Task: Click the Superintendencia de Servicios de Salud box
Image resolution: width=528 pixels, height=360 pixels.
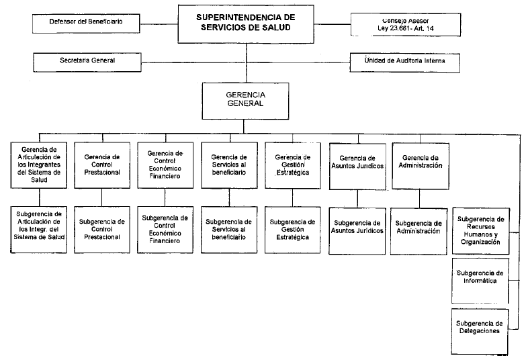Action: (x=246, y=24)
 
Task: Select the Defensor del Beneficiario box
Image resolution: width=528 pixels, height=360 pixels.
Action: (x=86, y=24)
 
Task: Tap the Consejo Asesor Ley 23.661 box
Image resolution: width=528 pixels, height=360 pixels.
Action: (x=406, y=25)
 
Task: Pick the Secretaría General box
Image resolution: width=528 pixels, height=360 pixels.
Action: (x=87, y=62)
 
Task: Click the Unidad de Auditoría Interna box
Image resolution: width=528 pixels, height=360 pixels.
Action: (x=405, y=62)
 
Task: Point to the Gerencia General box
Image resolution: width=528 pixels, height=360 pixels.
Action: (x=245, y=101)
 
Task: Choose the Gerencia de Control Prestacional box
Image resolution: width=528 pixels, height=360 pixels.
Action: (x=102, y=165)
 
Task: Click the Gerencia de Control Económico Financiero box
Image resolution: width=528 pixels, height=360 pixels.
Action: (x=165, y=165)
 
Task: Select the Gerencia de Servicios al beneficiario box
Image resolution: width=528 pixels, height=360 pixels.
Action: (x=229, y=165)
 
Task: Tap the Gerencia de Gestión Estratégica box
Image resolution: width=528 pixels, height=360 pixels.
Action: (x=293, y=165)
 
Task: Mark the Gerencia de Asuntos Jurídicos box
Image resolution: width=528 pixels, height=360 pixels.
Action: (x=357, y=167)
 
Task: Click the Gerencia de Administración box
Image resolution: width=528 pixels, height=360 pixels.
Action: (x=421, y=166)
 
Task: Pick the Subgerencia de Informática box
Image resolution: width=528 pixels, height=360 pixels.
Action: (x=480, y=281)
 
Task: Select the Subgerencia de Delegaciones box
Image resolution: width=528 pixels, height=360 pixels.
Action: (x=480, y=332)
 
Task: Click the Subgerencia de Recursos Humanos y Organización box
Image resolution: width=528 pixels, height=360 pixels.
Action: (x=480, y=231)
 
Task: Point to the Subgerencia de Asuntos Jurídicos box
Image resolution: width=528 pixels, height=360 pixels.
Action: (x=357, y=231)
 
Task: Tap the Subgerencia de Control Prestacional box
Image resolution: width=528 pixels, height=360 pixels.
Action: (x=102, y=230)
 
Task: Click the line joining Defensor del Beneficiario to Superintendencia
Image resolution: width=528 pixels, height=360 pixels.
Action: (x=159, y=24)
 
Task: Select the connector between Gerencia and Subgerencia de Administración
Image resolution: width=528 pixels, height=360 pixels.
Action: (x=420, y=199)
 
